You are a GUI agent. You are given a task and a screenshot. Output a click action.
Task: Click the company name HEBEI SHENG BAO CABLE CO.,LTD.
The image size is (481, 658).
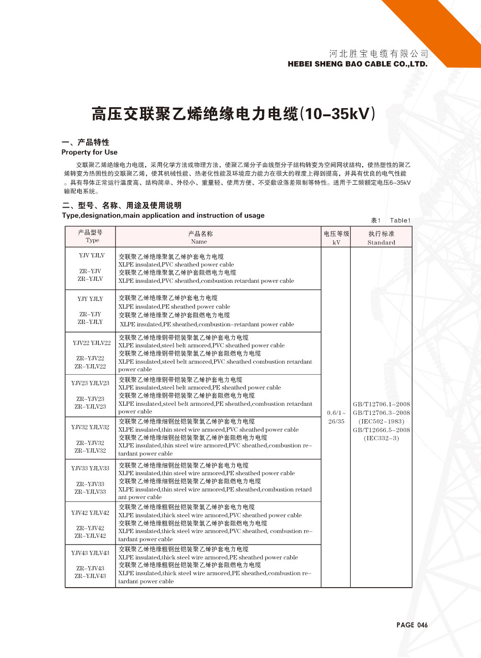point(357,64)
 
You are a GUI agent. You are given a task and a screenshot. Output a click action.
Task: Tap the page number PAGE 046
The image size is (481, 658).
point(412,625)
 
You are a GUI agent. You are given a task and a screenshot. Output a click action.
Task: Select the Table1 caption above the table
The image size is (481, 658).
point(400,221)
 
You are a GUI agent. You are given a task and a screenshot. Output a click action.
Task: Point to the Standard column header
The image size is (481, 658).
point(381,243)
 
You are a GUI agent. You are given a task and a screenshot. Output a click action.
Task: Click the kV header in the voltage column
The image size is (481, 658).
point(336,243)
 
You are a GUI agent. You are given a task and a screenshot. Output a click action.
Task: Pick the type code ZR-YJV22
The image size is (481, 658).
point(90,358)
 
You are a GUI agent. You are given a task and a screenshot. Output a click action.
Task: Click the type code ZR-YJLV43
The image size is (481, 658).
point(90,576)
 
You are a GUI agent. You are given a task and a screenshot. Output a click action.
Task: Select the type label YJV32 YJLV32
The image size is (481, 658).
point(90,427)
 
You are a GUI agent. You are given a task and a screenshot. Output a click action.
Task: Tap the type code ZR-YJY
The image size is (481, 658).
point(90,314)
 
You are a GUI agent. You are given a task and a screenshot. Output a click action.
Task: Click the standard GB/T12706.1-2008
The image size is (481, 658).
point(381,404)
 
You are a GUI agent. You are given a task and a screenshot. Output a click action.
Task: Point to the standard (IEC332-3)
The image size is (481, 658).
point(381,438)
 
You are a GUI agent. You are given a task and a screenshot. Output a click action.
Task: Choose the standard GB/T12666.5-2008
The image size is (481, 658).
point(381,430)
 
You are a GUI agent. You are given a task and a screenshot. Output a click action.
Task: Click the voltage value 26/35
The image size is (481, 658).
point(336,422)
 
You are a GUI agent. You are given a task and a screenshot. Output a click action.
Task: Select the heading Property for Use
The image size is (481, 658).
point(90,152)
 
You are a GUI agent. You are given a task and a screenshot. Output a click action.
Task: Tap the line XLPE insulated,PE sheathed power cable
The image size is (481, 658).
point(174,307)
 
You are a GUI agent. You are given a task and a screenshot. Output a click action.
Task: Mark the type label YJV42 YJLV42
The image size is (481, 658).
point(90,513)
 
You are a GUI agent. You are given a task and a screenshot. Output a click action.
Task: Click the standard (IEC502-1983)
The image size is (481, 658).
point(381,422)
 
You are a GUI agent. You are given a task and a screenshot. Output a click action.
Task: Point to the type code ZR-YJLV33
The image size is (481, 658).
point(90,492)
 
